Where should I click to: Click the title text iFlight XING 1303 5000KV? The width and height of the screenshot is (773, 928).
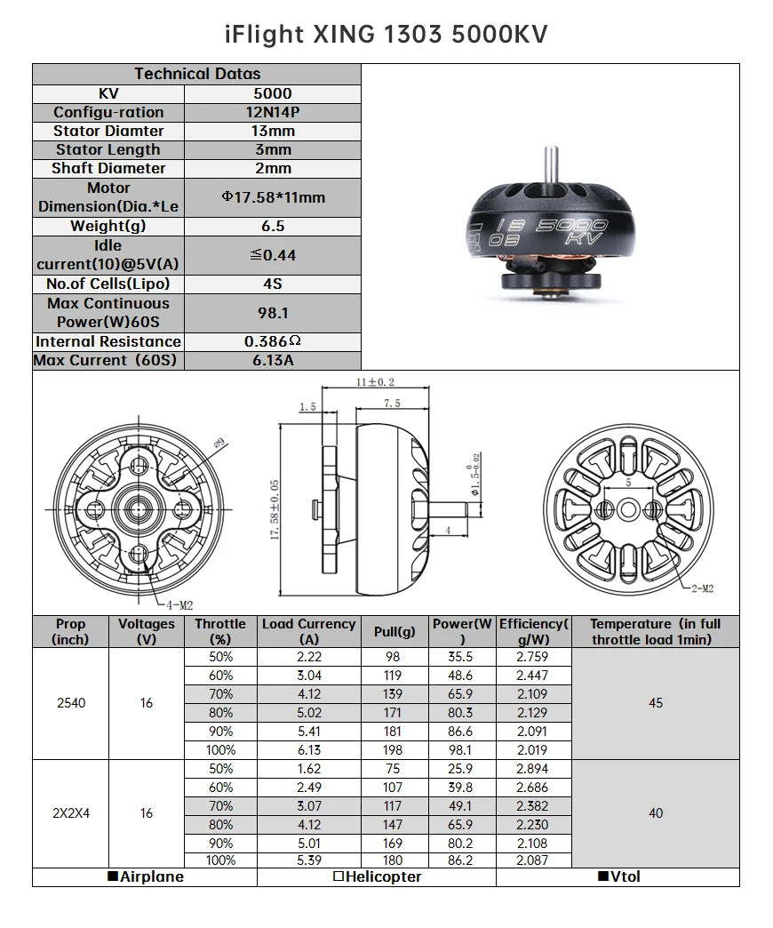(386, 34)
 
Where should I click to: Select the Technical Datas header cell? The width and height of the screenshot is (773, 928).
(196, 74)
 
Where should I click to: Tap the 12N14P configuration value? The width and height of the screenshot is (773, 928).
(272, 112)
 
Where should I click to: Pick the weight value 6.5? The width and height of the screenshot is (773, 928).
(272, 226)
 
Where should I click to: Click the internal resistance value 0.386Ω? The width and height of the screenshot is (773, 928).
(272, 341)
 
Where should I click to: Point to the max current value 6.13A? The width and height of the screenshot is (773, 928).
(272, 360)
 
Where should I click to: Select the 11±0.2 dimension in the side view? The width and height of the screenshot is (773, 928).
(375, 382)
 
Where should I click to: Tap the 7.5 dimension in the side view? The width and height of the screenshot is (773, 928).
(391, 403)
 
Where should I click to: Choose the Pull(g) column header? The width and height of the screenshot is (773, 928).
(394, 631)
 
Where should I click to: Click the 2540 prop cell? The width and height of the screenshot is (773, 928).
(71, 703)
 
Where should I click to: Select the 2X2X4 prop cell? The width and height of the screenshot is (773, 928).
(71, 813)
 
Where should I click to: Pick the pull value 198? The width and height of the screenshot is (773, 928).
(394, 750)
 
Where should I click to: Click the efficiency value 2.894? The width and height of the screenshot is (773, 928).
(532, 769)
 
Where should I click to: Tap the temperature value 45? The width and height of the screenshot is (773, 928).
(655, 703)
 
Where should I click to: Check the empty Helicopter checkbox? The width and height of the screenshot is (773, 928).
(338, 877)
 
